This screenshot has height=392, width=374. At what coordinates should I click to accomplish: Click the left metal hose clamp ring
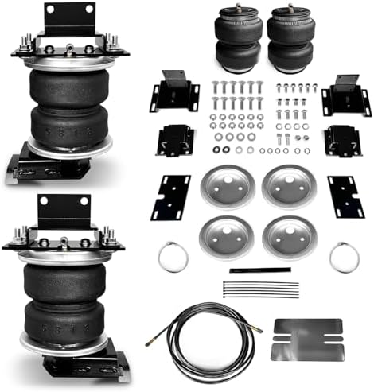[173, 256]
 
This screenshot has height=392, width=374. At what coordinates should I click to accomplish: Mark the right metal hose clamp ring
[345, 256]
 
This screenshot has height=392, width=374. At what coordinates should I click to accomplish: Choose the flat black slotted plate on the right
[345, 196]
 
